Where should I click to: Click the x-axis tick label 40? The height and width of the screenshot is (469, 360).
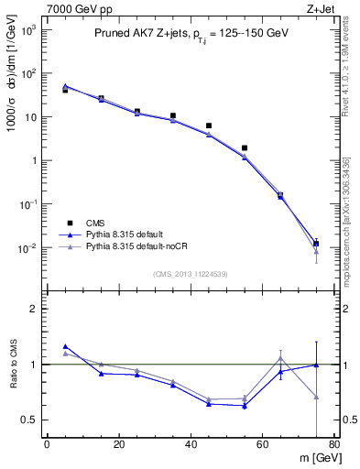pyautogui.click(x=191, y=445)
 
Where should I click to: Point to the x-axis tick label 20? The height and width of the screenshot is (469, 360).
pyautogui.click(x=119, y=445)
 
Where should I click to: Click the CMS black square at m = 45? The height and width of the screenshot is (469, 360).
pyautogui.click(x=209, y=125)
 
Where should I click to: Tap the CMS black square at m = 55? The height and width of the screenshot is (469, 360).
pyautogui.click(x=245, y=147)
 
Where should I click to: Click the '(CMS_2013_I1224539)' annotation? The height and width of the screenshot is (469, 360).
pyautogui.click(x=191, y=274)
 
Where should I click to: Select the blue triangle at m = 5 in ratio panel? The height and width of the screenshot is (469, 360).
pyautogui.click(x=65, y=347)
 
